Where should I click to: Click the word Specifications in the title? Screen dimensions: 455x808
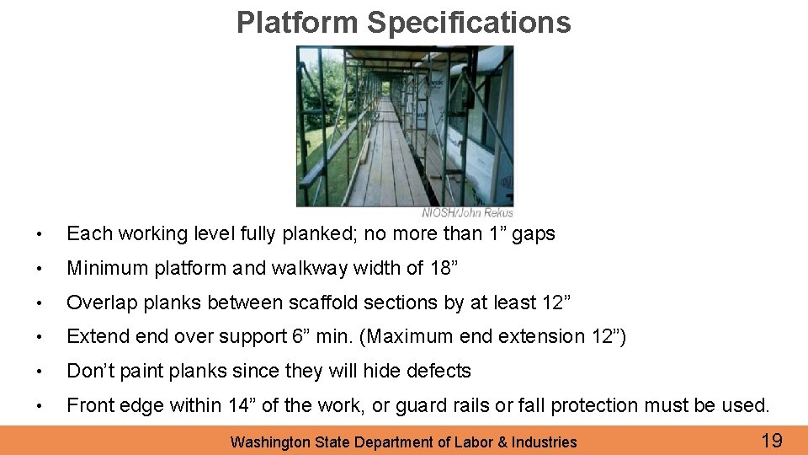pyautogui.click(x=469, y=23)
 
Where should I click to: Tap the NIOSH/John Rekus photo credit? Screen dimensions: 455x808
pyautogui.click(x=467, y=212)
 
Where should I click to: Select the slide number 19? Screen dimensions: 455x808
pyautogui.click(x=771, y=440)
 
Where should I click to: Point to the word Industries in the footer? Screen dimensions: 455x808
pyautogui.click(x=545, y=442)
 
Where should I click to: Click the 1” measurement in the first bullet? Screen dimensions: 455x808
pyautogui.click(x=498, y=234)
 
